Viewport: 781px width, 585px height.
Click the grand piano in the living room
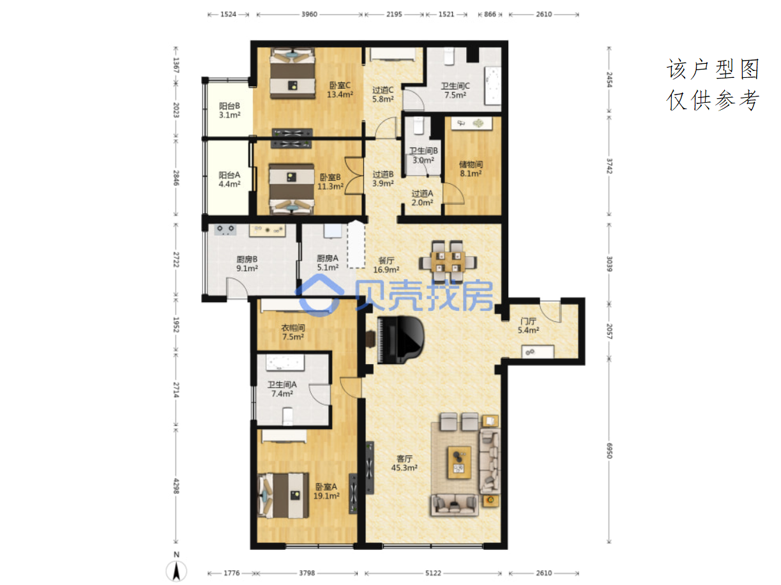400,339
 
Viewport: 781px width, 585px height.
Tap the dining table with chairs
448,262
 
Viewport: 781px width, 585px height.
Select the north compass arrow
176,571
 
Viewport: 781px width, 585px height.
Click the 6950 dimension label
609,450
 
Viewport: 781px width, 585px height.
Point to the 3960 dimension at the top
309,14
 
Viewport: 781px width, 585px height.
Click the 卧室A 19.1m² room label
326,491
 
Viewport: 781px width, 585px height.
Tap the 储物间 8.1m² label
471,169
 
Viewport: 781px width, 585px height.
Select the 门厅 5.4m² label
528,326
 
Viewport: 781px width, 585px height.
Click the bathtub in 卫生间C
492,86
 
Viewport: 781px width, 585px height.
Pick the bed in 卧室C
292,73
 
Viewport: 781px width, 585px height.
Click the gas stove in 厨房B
225,229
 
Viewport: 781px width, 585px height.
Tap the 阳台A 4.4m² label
229,179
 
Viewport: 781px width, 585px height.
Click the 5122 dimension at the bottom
433,573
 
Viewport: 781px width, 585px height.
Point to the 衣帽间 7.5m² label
293,332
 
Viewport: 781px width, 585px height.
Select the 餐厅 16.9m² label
386,265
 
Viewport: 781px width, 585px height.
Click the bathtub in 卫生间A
285,363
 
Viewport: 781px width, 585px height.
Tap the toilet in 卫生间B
418,126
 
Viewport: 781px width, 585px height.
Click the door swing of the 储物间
453,194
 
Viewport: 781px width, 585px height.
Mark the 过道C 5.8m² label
383,95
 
